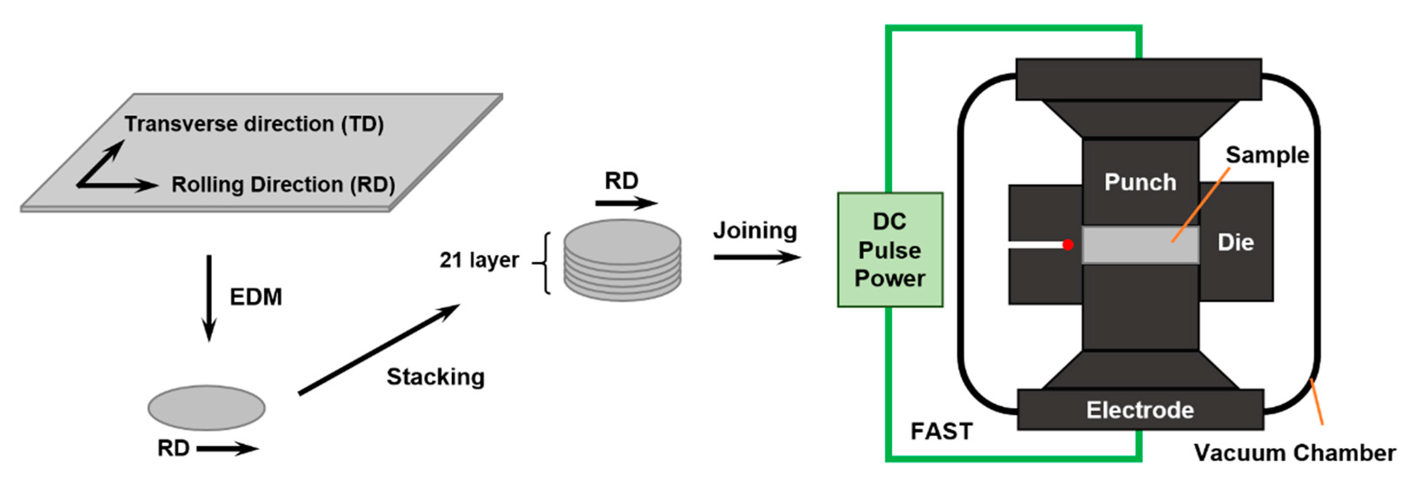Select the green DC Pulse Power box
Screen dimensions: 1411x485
pos(890,249)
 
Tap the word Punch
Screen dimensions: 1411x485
pos(1140,182)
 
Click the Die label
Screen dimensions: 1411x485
pos(1236,242)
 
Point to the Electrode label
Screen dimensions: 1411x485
pos(1140,410)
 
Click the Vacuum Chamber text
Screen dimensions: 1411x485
pos(1295,453)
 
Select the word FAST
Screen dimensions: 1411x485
pos(942,432)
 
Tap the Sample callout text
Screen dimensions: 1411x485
pos(1267,155)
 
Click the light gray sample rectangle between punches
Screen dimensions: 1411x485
pos(1140,245)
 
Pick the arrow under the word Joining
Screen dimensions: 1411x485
pos(758,257)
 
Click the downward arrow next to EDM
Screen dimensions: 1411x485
pos(209,298)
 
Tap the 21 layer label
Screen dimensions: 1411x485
pos(479,260)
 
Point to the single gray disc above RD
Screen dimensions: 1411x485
pos(207,408)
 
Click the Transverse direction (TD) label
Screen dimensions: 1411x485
pos(254,124)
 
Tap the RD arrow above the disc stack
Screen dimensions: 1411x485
pos(627,203)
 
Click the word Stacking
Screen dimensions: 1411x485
pos(436,377)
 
